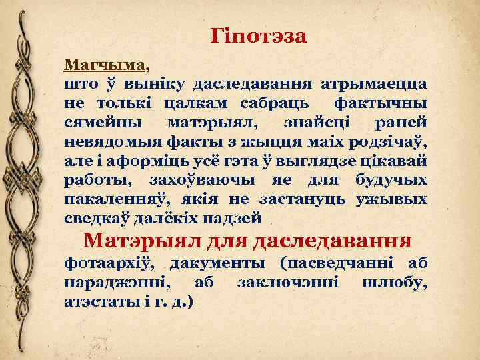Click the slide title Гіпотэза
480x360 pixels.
259,36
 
